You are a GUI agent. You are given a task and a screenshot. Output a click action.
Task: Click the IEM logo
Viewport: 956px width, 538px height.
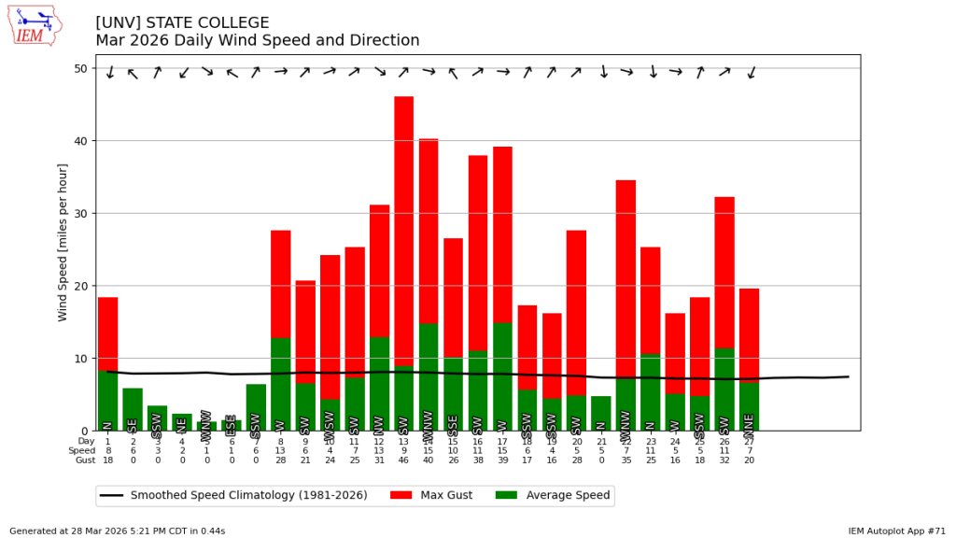point(35,26)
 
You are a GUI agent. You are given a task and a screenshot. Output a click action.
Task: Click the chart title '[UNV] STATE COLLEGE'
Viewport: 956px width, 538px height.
point(182,23)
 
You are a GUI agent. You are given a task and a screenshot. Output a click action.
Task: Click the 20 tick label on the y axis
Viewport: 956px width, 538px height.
point(80,286)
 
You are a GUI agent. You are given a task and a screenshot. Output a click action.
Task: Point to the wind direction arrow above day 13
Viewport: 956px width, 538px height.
point(403,72)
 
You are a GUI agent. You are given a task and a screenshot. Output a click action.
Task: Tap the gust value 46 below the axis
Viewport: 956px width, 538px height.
point(403,460)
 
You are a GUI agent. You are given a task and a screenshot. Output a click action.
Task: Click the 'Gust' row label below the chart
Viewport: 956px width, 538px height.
point(87,460)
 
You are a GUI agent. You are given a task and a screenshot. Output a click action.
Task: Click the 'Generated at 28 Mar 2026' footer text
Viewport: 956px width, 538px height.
point(117,531)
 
